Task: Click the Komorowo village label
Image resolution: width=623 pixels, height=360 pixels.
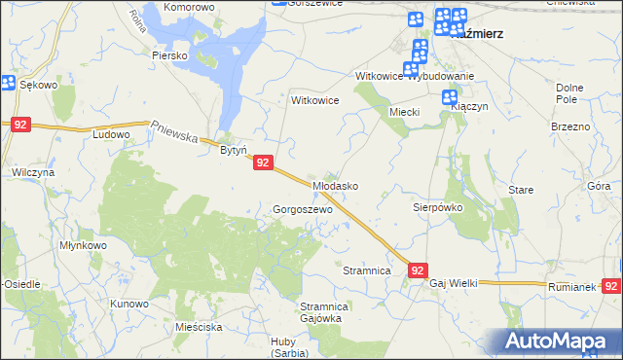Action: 189,7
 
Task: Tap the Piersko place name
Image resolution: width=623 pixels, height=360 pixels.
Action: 168,55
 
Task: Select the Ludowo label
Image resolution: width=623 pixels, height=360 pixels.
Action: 111,134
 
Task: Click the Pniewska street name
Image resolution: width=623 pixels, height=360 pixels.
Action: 176,129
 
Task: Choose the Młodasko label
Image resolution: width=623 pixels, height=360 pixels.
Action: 336,185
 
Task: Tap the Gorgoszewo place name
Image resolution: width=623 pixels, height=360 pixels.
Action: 303,209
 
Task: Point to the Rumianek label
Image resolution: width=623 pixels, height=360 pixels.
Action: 570,287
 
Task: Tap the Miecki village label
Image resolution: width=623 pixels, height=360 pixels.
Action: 404,112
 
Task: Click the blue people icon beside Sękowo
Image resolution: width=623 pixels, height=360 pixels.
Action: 8,85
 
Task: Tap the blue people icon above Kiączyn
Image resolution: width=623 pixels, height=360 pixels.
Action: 450,97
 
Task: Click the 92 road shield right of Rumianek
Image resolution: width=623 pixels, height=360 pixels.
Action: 611,286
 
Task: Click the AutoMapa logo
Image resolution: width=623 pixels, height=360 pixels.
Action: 563,341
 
